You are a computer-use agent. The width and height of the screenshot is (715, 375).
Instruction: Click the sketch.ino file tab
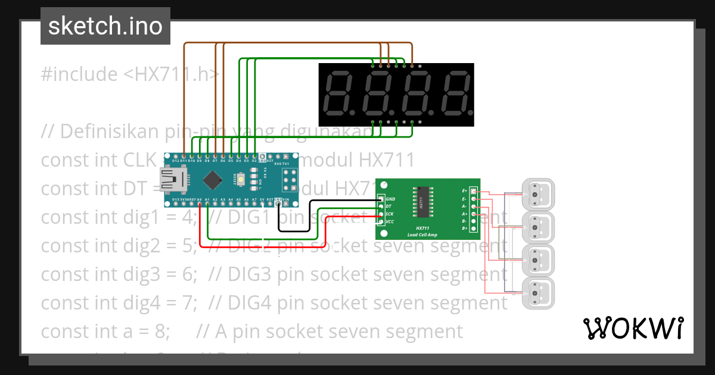(105, 26)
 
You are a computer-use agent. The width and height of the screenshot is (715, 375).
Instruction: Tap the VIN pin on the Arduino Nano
(286, 204)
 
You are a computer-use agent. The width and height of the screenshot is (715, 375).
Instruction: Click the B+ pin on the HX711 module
(474, 229)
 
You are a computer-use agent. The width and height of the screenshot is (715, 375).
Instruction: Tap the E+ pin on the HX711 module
(474, 191)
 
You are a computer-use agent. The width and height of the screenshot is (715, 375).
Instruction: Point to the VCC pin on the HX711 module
(381, 222)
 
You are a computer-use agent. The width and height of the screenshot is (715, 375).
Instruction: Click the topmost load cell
(538, 194)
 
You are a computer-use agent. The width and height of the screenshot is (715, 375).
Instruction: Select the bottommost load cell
(538, 292)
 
